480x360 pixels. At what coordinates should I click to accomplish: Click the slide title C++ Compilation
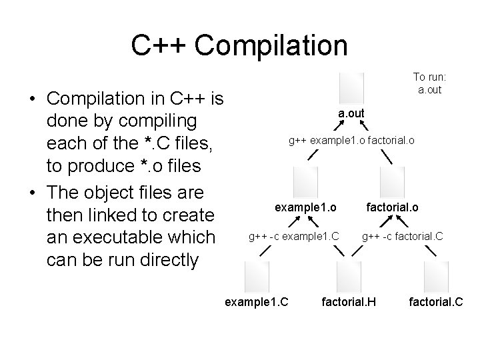coord(239,45)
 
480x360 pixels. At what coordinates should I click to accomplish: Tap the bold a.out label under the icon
coord(351,113)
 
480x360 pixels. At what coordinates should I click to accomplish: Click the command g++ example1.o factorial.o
coord(351,141)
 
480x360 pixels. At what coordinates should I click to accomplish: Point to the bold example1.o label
coord(305,207)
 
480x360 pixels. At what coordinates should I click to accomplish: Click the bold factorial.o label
coord(392,207)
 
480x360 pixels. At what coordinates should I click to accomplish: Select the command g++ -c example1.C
coord(294,235)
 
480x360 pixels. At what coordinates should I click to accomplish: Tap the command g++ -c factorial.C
coord(402,235)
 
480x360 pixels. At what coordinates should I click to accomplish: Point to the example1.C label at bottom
coord(257,302)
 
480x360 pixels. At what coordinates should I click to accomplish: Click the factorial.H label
coord(349,302)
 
